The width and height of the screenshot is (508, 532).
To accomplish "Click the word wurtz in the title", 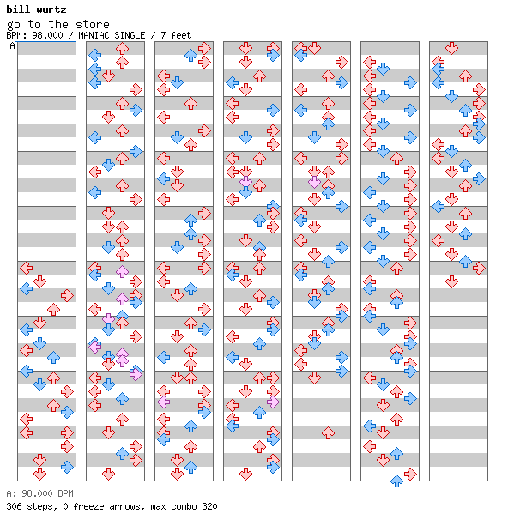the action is pyautogui.click(x=51, y=9).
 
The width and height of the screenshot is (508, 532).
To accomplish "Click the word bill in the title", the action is pyautogui.click(x=18, y=9).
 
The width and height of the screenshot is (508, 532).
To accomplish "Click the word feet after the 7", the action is pyautogui.click(x=181, y=35).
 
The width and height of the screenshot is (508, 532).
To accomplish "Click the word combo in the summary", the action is pyautogui.click(x=184, y=506).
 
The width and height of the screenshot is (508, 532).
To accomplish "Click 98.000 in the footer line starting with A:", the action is pyautogui.click(x=37, y=493).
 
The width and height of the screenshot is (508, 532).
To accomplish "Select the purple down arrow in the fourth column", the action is pyautogui.click(x=245, y=182).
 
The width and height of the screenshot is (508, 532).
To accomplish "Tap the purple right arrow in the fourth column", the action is pyautogui.click(x=273, y=402).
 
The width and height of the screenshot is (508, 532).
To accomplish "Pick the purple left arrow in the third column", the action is pyautogui.click(x=164, y=402).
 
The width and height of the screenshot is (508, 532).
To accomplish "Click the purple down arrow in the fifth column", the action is pyautogui.click(x=314, y=182).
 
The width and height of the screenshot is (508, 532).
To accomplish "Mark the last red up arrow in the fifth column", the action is pyautogui.click(x=328, y=433).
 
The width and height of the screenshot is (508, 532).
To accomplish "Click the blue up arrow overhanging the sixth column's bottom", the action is pyautogui.click(x=396, y=481).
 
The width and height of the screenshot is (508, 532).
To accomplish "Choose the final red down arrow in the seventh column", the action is pyautogui.click(x=451, y=281).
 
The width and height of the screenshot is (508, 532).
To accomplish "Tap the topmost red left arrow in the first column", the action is pyautogui.click(x=26, y=268).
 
